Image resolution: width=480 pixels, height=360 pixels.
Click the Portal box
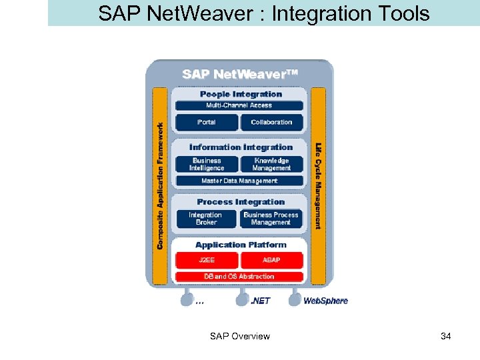(207, 122)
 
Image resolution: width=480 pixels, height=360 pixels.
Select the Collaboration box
(271, 122)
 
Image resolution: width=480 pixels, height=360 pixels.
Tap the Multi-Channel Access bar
(239, 105)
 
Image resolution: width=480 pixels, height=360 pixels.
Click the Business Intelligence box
(207, 164)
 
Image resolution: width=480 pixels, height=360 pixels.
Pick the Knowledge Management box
(271, 164)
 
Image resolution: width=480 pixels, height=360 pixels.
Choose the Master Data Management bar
(239, 181)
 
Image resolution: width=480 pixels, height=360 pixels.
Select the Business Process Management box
(271, 219)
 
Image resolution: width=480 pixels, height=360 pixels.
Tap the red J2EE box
(207, 260)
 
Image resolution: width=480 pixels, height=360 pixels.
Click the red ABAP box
(271, 260)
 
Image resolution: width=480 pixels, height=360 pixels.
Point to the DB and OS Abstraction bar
(239, 276)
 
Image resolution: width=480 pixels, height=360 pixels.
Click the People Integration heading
(241, 94)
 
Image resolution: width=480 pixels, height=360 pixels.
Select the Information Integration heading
(241, 147)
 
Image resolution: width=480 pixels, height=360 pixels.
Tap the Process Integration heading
(241, 202)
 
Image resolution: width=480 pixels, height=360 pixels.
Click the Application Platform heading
(241, 245)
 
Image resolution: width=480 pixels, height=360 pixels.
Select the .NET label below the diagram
(260, 301)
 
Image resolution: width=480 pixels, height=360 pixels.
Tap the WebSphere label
(325, 301)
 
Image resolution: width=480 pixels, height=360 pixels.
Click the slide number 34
(446, 336)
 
